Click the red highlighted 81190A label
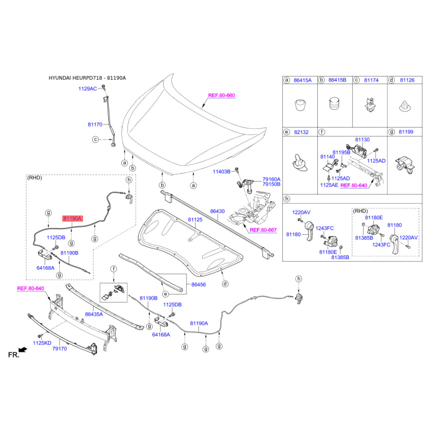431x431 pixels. [72, 219]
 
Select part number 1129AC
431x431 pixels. [87, 88]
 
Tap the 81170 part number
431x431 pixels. [95, 124]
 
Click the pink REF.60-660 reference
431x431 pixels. [221, 95]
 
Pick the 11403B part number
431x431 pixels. [221, 171]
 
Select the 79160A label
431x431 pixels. [272, 179]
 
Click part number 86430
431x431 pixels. [217, 212]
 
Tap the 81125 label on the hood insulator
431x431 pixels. [195, 220]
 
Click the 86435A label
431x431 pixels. [94, 314]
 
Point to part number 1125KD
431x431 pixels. [42, 343]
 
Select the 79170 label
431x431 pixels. [59, 349]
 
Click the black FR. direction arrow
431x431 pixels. [22, 350]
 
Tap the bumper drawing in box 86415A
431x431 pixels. [300, 103]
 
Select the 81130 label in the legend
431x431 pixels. [362, 140]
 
